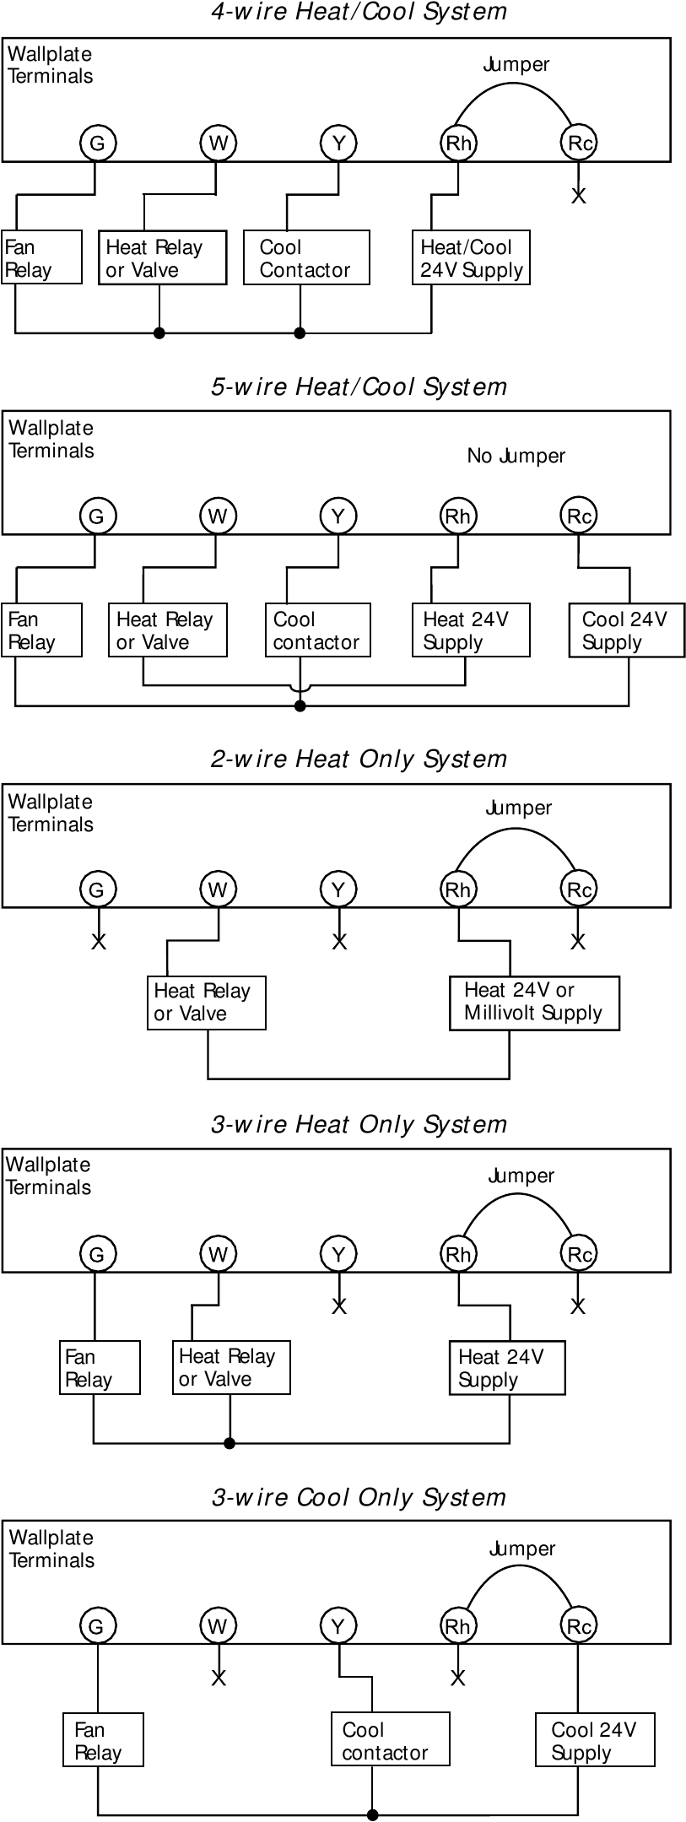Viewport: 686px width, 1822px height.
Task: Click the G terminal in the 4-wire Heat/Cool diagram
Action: click(97, 143)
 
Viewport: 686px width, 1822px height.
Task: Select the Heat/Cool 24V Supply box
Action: click(471, 257)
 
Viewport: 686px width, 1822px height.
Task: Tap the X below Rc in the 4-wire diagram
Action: click(578, 196)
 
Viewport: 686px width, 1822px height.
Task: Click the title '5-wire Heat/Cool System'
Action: click(359, 387)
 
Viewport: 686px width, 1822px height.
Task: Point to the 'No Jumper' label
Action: click(516, 456)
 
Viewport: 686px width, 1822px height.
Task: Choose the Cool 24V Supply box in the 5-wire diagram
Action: click(626, 630)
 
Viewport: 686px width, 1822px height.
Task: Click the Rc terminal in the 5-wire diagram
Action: click(579, 516)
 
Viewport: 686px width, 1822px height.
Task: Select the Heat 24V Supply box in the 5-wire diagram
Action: click(471, 630)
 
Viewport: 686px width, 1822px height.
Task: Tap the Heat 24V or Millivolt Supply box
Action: click(533, 1003)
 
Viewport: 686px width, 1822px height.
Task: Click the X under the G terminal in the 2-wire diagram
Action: click(99, 941)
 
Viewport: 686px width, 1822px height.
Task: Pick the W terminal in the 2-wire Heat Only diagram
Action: click(218, 889)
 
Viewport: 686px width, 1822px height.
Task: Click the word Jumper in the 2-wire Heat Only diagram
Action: click(518, 808)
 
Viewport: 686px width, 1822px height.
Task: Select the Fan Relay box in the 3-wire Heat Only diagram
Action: click(99, 1367)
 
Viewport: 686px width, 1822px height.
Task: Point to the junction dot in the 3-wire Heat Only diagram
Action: click(230, 1443)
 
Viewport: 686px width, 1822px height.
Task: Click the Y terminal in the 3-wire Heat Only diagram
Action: click(338, 1254)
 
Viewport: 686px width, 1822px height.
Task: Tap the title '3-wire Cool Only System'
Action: click(359, 1497)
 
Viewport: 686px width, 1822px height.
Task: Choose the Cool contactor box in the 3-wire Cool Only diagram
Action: click(390, 1740)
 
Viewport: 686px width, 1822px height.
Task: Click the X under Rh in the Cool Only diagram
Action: click(457, 1678)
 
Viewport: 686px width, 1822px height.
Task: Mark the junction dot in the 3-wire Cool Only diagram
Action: click(372, 1814)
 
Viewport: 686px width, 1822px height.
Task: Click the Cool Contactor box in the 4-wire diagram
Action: click(306, 257)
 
